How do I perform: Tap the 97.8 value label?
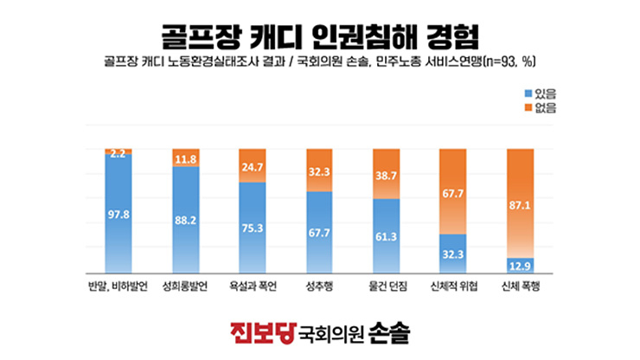click(x=118, y=215)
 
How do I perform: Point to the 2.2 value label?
click(x=118, y=153)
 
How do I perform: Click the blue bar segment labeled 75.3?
click(x=253, y=229)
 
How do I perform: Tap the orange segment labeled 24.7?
click(x=253, y=166)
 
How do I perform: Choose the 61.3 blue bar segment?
click(x=387, y=235)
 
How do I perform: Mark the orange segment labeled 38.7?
click(x=387, y=174)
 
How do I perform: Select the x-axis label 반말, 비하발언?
click(x=118, y=285)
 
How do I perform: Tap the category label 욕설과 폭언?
click(x=253, y=285)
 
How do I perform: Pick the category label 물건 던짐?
click(x=387, y=285)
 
